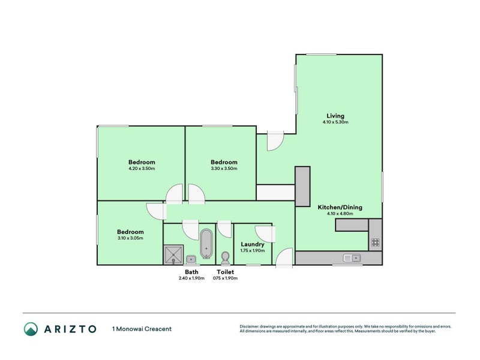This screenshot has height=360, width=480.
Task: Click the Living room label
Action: tap(335, 116)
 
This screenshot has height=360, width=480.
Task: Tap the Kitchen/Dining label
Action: tap(340, 208)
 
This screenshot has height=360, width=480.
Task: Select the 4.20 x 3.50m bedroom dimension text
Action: tap(142, 169)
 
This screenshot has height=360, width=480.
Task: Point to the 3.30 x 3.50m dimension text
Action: tap(224, 169)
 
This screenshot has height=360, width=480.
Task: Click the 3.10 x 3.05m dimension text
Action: tap(130, 238)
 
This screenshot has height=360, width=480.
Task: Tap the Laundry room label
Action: tap(252, 244)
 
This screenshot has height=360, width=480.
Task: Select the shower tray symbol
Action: tap(173, 254)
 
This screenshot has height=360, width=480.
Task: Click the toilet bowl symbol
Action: tap(225, 258)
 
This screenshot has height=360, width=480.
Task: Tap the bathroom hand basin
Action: tap(191, 259)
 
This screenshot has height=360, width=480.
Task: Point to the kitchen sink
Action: tap(352, 258)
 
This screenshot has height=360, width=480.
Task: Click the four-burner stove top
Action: tap(375, 243)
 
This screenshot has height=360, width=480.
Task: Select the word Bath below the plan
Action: tap(191, 272)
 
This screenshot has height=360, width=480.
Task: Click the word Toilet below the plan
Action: tap(226, 272)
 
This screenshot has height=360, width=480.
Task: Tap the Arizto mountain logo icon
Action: tap(31, 328)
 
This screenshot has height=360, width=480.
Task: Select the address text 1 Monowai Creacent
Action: tap(142, 328)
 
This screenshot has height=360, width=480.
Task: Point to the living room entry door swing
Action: tap(274, 140)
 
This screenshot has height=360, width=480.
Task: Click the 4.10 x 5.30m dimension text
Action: tap(335, 122)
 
